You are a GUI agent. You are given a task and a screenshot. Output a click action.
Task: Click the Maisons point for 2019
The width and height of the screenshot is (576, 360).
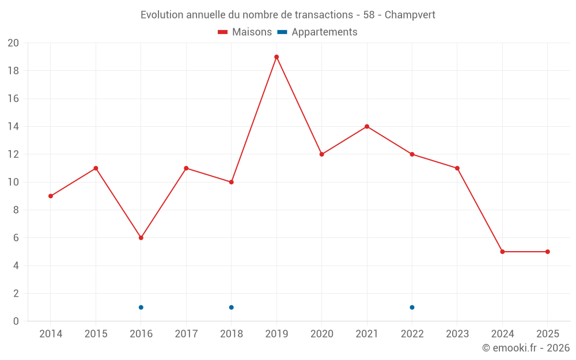tap(276, 57)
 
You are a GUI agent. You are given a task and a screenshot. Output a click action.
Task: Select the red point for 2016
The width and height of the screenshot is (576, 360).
tap(141, 238)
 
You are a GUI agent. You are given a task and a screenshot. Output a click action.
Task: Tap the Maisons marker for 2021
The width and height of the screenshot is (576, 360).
tap(367, 127)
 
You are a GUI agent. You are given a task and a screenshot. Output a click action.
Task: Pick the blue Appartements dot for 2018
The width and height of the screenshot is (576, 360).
tap(231, 308)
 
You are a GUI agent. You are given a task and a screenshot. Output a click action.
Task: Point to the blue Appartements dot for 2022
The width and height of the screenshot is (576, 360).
tap(412, 308)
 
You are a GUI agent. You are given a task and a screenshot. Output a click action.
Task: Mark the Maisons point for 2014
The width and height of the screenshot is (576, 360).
tap(51, 196)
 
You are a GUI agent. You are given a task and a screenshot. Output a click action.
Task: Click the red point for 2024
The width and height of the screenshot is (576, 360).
tap(502, 252)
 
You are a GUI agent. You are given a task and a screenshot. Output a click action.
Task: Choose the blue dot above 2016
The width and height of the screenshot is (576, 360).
tap(141, 308)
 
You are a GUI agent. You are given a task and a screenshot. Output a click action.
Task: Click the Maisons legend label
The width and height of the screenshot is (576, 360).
tap(252, 32)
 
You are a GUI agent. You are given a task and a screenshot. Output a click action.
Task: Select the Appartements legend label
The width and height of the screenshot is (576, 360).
tap(324, 32)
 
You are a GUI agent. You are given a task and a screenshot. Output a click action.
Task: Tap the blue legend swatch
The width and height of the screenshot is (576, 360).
tap(282, 32)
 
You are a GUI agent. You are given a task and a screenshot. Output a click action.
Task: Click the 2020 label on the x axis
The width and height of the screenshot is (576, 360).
tap(322, 334)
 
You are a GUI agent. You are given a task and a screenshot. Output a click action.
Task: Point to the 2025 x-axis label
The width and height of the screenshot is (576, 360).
tap(547, 334)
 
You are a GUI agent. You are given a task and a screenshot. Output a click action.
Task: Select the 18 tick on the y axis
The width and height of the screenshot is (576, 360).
tap(13, 71)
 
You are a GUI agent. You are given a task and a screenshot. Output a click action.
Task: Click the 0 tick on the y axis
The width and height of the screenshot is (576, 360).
tap(16, 321)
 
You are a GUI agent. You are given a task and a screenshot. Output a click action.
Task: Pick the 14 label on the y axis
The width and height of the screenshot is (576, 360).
tap(13, 127)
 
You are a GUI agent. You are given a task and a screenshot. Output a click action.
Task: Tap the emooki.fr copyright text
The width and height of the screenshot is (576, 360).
tap(526, 348)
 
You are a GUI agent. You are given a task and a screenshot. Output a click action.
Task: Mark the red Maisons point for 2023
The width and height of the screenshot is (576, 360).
tap(457, 168)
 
